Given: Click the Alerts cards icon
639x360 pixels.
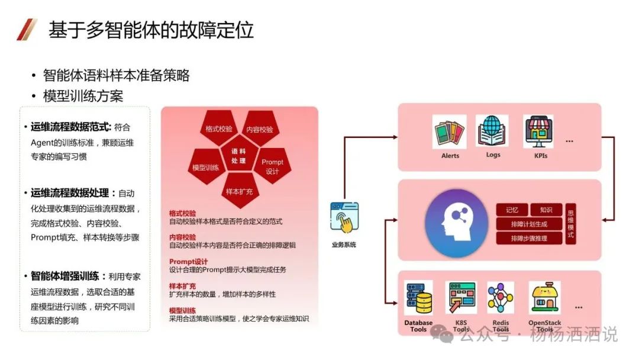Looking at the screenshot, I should point(450,134).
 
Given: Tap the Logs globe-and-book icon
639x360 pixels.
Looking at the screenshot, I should point(493,131).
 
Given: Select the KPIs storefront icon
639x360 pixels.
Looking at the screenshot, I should point(538,132).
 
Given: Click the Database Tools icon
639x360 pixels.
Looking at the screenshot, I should point(418,299).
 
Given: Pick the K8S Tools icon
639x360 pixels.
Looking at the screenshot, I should point(461,298).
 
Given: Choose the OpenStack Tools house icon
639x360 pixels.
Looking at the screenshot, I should point(544,298).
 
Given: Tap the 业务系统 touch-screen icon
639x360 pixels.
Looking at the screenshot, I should point(344,218).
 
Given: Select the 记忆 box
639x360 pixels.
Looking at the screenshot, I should point(511,210).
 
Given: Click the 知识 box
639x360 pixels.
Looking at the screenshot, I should point(546,210).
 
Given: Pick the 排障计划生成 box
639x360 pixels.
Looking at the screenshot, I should point(528,224).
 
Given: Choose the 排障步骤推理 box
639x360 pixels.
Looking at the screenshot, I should point(528,238).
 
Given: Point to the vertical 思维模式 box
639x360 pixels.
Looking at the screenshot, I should point(570,224).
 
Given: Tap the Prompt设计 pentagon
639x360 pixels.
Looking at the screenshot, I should point(272,166).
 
